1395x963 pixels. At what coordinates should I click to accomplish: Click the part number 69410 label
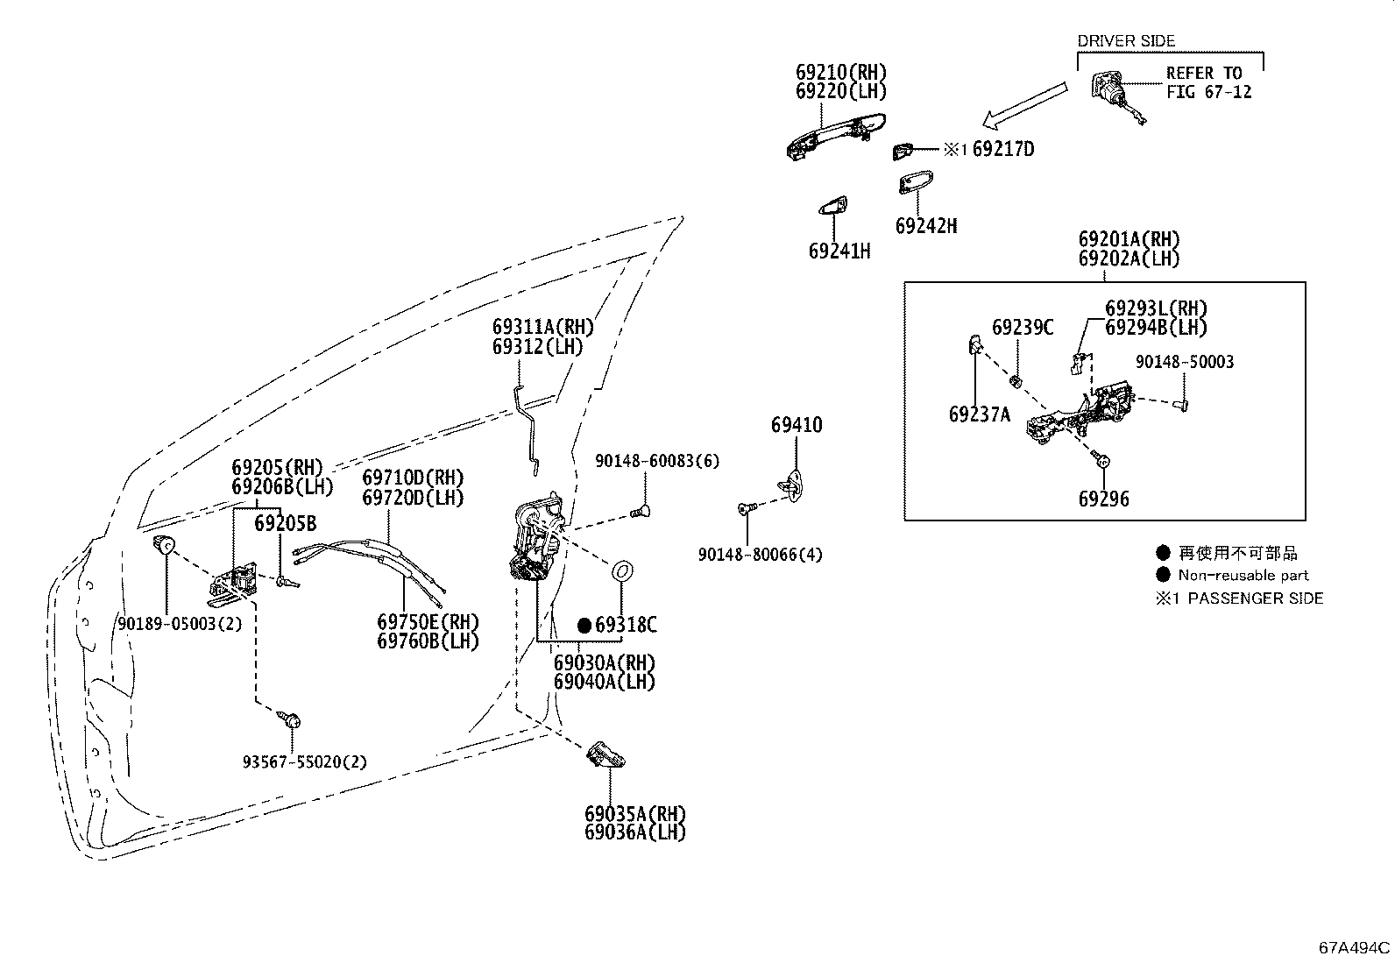(x=797, y=425)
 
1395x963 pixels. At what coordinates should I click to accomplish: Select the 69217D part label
(x=1002, y=149)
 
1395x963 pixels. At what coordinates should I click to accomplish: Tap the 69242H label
(x=926, y=225)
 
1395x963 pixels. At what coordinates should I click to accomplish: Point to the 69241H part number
(x=839, y=251)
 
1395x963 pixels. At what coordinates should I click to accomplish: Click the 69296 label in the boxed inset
(x=1103, y=499)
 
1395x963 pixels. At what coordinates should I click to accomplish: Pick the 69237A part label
(x=980, y=414)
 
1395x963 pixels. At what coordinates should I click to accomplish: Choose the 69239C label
(x=1023, y=327)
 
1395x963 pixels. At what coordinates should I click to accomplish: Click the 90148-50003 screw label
(x=1185, y=362)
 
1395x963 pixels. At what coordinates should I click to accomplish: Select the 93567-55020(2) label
(x=305, y=761)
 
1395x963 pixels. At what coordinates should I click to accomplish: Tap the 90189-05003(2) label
(x=180, y=624)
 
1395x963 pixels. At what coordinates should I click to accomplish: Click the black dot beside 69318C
(x=584, y=626)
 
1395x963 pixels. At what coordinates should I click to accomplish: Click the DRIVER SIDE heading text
(x=1126, y=41)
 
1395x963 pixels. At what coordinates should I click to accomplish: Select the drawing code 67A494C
(x=1354, y=947)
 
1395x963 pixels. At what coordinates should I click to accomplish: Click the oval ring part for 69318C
(x=623, y=570)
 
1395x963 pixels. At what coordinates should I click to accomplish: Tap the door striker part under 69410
(x=791, y=485)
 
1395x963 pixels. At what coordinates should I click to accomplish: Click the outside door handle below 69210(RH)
(x=836, y=137)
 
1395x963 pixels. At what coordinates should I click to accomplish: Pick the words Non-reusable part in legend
(x=1243, y=575)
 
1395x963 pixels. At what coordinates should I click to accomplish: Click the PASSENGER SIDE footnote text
(x=1256, y=598)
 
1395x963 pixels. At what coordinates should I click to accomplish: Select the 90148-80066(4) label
(x=761, y=555)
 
